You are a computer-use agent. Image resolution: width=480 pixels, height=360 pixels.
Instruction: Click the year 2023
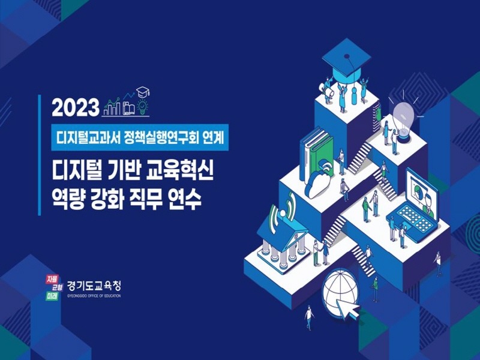point(75,107)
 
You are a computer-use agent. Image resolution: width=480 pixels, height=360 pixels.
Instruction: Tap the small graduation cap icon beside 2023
point(143,92)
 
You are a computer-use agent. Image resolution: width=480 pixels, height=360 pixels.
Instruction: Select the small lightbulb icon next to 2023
point(142,109)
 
